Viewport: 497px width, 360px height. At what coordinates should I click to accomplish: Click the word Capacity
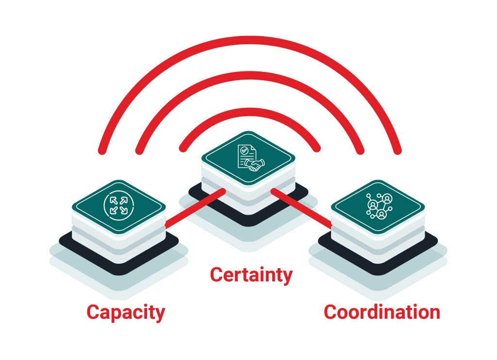pos(126,312)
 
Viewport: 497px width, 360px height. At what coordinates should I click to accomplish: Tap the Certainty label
pos(251,275)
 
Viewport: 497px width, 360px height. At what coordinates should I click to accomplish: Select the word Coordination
pos(382,312)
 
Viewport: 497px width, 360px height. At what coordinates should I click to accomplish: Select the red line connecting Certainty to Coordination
pos(301,209)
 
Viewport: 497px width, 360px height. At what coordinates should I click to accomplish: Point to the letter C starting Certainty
pos(216,275)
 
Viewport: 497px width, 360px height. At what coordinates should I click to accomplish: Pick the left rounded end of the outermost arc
pos(102,150)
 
